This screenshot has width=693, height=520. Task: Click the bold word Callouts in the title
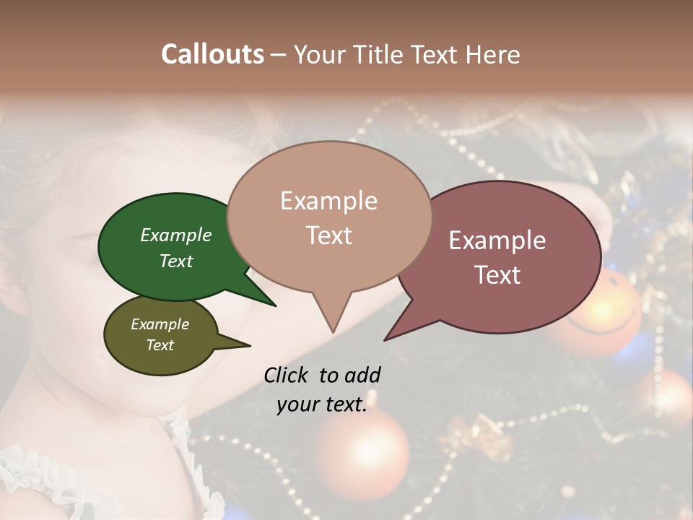pyautogui.click(x=212, y=54)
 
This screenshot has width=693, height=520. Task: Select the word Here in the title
pyautogui.click(x=491, y=54)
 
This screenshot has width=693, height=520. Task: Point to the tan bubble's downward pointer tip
pyautogui.click(x=332, y=332)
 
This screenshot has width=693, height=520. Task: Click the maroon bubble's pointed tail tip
pyautogui.click(x=385, y=339)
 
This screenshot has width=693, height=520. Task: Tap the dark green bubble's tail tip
pyautogui.click(x=275, y=305)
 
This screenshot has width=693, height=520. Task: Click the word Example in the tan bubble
pyautogui.click(x=328, y=201)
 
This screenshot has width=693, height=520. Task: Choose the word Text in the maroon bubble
pyautogui.click(x=498, y=274)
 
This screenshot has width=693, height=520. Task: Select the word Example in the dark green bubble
pyautogui.click(x=175, y=235)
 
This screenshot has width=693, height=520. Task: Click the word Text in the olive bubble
pyautogui.click(x=160, y=345)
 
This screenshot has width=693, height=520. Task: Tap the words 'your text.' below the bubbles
pyautogui.click(x=322, y=404)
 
